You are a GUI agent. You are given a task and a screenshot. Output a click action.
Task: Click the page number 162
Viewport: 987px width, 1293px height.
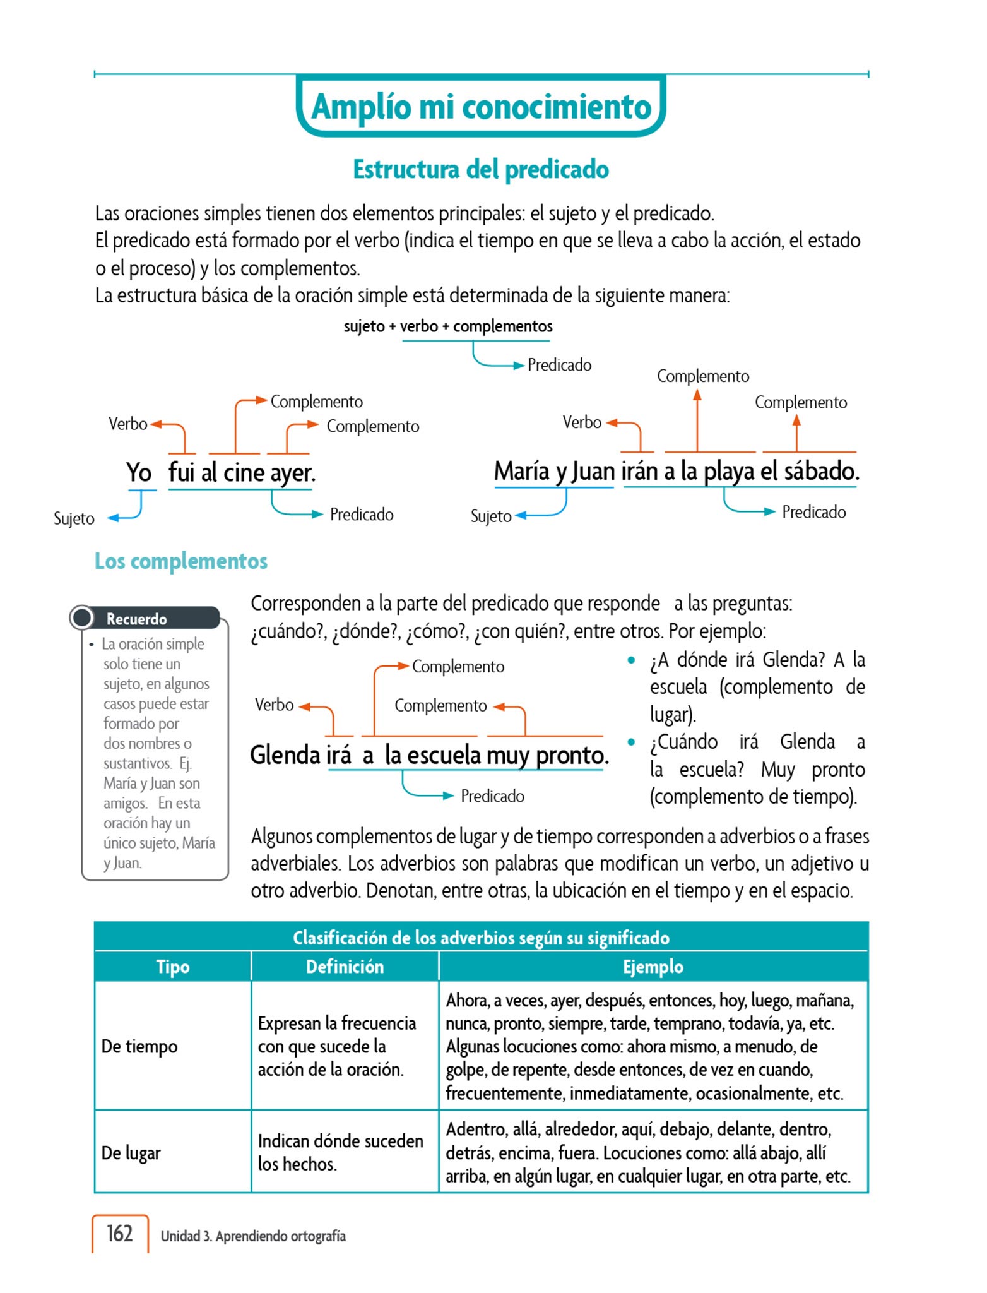pyautogui.click(x=119, y=1233)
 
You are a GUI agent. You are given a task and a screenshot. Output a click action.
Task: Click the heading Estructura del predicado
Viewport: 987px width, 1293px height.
pyautogui.click(x=481, y=169)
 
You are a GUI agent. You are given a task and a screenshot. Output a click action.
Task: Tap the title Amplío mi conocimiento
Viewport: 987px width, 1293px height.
pyautogui.click(x=481, y=106)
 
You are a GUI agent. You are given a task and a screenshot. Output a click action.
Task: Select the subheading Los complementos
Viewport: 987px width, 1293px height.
pyautogui.click(x=181, y=561)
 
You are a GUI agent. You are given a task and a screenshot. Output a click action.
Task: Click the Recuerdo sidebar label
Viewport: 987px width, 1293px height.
pyautogui.click(x=136, y=619)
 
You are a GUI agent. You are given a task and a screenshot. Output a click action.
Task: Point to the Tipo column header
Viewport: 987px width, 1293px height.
pyautogui.click(x=172, y=967)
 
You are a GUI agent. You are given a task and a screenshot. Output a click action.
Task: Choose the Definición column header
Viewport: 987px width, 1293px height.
pyautogui.click(x=345, y=967)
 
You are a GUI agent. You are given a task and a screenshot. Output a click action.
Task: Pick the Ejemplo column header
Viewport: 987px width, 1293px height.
pyautogui.click(x=653, y=967)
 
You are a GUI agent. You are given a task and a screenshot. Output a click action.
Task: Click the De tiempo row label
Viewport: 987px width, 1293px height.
pyautogui.click(x=139, y=1046)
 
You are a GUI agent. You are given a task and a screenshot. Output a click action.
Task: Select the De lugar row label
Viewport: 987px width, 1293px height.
pyautogui.click(x=131, y=1152)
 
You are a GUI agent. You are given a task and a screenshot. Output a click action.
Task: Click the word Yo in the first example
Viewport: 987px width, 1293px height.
pyautogui.click(x=139, y=472)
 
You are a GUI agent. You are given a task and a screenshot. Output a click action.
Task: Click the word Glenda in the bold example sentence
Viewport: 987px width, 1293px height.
pyautogui.click(x=285, y=754)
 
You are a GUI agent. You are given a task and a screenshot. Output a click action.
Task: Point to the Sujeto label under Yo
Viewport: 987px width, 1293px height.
pyautogui.click(x=74, y=518)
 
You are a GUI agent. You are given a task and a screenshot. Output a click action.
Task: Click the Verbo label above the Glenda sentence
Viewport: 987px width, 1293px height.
pyautogui.click(x=274, y=705)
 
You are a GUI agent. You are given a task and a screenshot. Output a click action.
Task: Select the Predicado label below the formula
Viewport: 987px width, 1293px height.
pyautogui.click(x=559, y=365)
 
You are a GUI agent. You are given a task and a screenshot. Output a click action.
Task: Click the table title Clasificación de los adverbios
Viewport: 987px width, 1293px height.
pyautogui.click(x=481, y=938)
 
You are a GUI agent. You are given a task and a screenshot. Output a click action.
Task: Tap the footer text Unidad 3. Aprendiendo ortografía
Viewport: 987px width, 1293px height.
pyautogui.click(x=253, y=1236)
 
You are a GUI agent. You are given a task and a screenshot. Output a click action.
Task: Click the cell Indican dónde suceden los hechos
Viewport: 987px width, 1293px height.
pyautogui.click(x=341, y=1152)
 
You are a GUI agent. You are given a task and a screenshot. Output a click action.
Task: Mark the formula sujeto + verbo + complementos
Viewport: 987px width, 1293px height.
pyautogui.click(x=448, y=326)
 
